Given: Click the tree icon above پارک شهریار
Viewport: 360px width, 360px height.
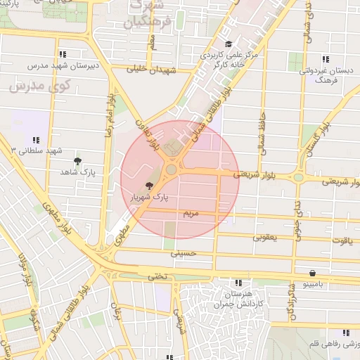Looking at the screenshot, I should tap(148, 186).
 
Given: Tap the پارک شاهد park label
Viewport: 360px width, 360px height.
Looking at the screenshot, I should tap(77, 172).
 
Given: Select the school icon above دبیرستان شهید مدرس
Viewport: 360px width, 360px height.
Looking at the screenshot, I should tap(63, 54).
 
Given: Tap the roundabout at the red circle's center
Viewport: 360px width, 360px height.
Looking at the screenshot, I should tap(172, 169).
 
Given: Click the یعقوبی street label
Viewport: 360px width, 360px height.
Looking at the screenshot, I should tap(265, 238).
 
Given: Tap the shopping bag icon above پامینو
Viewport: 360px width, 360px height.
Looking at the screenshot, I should tap(311, 273).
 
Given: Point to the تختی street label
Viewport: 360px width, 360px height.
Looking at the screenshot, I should tap(157, 276).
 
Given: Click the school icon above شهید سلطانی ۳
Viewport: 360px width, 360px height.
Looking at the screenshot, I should tap(36, 141).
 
